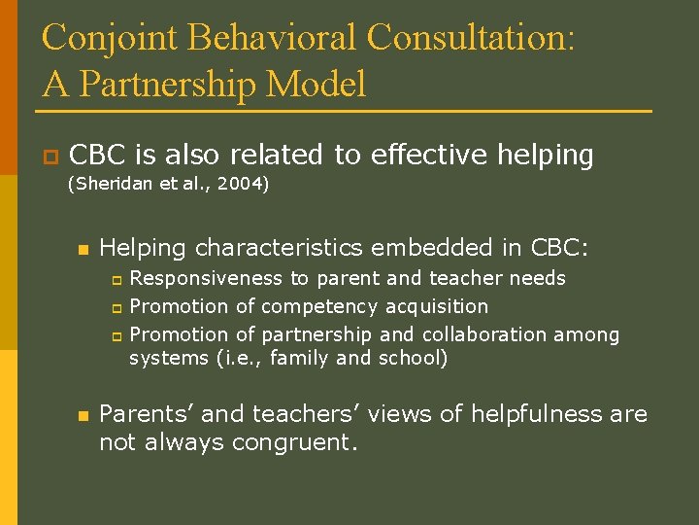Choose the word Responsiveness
pyautogui.click(x=207, y=279)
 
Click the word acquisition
pyautogui.click(x=437, y=307)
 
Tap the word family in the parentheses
pyautogui.click(x=302, y=359)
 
